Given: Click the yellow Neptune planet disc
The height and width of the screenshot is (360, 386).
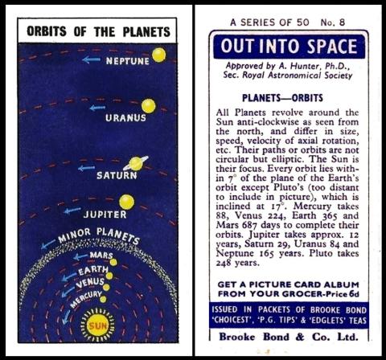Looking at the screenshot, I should click(x=158, y=55).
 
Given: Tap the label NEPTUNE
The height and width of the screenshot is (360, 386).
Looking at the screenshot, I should click(x=129, y=60).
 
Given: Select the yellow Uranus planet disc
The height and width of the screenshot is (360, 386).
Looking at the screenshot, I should click(x=148, y=105).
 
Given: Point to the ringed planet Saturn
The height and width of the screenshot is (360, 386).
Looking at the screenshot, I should click(x=136, y=163).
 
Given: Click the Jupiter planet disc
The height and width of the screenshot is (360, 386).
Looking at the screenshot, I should click(x=126, y=202).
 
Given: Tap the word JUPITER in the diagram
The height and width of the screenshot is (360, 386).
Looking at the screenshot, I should click(x=105, y=215).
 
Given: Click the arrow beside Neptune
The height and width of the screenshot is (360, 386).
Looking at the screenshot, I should click(x=92, y=59).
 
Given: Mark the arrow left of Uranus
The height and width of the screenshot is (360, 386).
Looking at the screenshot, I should click(x=97, y=107).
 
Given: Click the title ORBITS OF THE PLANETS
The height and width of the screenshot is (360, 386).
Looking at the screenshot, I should click(x=99, y=32).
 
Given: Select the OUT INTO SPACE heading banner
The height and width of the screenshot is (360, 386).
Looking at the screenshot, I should click(x=289, y=45).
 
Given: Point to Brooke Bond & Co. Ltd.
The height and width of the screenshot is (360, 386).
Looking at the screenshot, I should click(x=289, y=336).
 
